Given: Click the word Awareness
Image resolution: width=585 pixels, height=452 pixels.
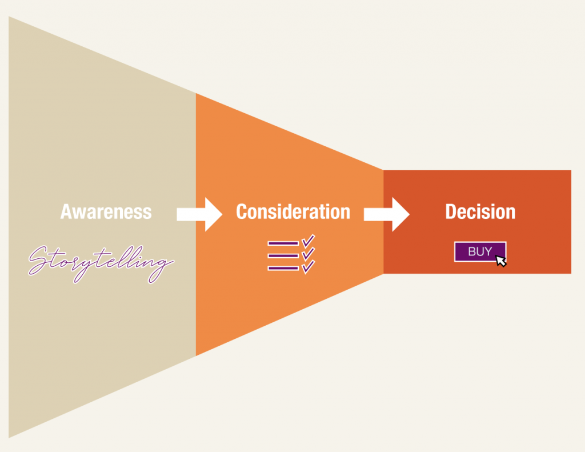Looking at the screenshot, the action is pos(106,211).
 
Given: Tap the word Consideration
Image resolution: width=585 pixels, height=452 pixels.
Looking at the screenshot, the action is pos(293,211).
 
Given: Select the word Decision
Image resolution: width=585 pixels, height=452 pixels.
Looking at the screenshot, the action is pos(480,211).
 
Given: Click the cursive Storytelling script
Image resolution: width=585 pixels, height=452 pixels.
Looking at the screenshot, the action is pos(101,263).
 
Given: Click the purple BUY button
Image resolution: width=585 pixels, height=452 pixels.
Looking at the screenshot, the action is pos(480,251).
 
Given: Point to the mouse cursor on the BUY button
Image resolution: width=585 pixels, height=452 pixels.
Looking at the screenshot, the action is pos(501,261).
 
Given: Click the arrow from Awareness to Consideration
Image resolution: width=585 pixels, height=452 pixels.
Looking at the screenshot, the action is pos(199,214).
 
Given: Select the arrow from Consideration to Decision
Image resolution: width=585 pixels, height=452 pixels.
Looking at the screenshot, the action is pos(387,214).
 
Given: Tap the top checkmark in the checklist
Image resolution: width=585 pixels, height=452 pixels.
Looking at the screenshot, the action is pos(308,241).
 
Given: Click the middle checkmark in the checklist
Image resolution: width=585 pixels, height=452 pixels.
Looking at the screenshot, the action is pos(308,254).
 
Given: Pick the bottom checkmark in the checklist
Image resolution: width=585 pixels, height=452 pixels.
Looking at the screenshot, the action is pos(308,267).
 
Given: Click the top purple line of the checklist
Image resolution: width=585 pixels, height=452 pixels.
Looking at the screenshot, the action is pos(283,243).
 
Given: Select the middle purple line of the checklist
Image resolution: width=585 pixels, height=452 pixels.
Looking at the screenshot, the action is pos(283,255).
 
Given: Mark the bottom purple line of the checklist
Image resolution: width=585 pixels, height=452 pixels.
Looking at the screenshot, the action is pos(283,268).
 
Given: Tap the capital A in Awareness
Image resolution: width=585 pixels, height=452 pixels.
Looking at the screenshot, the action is pos(66,211).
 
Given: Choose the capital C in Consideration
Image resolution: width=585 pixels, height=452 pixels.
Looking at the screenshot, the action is pos(242,211).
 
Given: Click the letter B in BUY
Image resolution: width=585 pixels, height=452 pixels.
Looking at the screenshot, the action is pos(472,251).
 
